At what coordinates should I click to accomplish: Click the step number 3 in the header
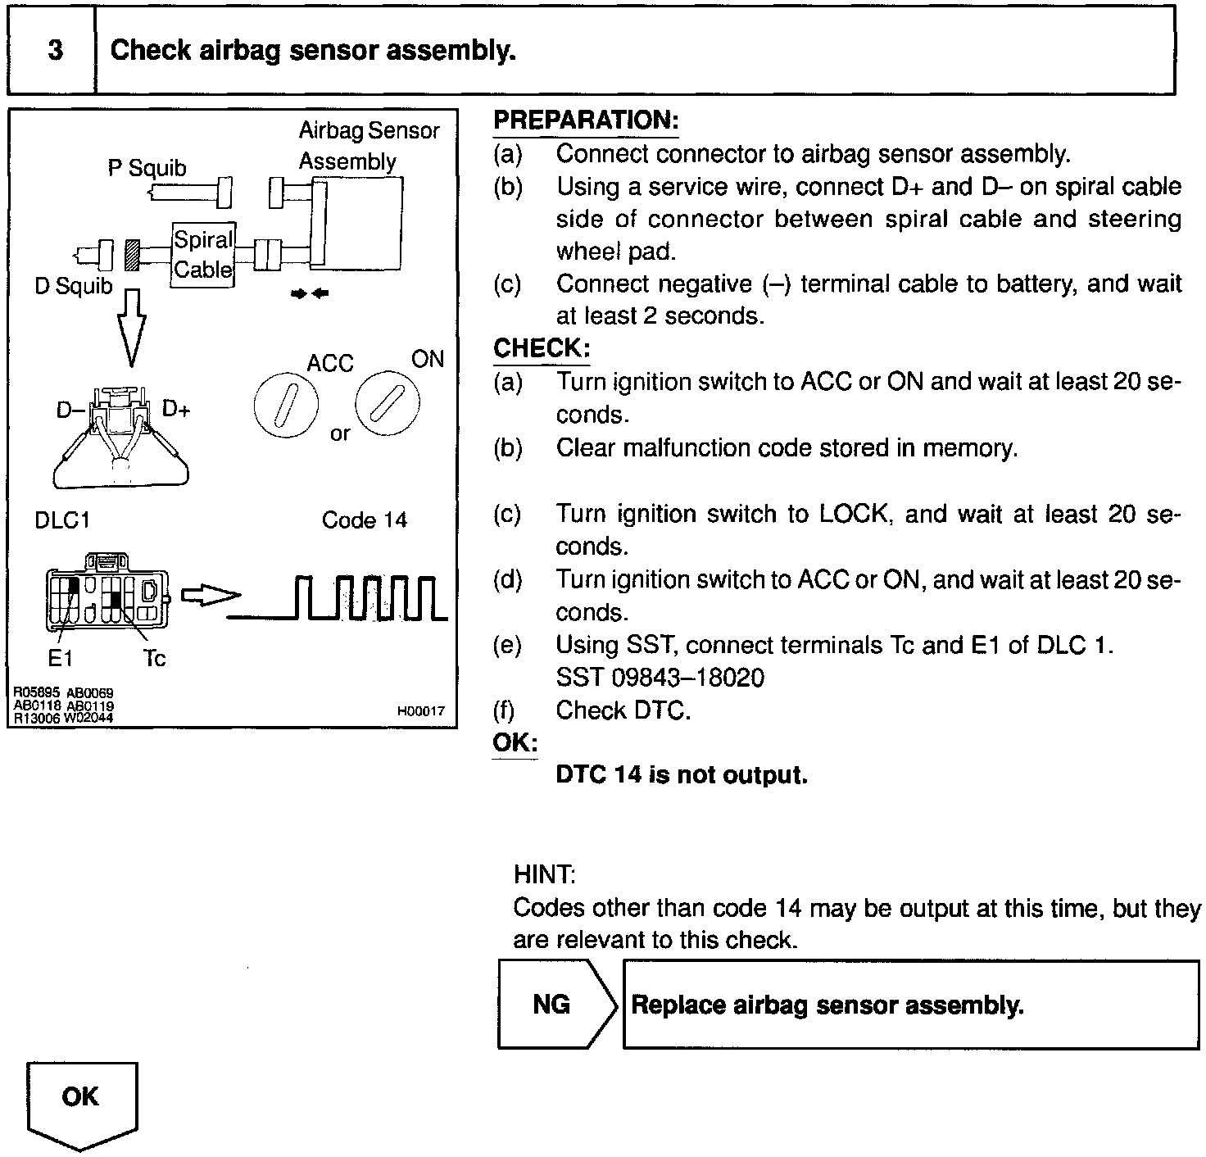point(54,51)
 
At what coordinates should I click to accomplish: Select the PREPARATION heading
point(586,120)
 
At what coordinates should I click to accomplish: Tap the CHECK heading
point(541,348)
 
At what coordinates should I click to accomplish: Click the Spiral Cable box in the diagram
point(203,255)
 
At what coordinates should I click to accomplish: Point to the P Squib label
point(147,168)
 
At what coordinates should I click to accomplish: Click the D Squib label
point(73,286)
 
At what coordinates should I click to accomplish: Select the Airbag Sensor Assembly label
point(368,146)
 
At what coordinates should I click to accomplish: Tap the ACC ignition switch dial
point(286,406)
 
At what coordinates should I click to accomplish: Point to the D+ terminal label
point(176,408)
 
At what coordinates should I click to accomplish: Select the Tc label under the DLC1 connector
point(154,658)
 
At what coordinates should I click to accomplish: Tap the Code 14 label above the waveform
point(364,520)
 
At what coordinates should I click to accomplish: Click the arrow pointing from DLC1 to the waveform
point(209,596)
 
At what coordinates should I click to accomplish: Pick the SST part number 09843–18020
point(660,678)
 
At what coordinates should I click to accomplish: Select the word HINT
point(544,874)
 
